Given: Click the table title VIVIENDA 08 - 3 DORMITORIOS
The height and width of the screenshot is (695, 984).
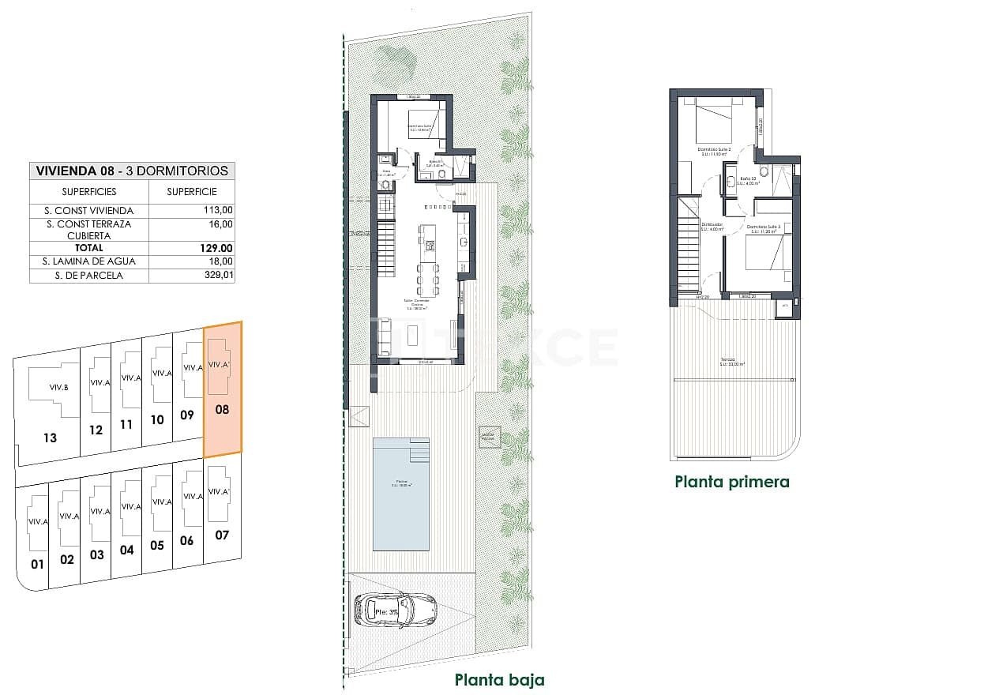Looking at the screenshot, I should point(132,171).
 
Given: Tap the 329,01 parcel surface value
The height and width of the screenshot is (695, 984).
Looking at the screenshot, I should point(219,276).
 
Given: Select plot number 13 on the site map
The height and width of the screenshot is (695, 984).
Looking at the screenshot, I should point(50,438).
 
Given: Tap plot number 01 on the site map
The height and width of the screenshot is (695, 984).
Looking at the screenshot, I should point(36,564).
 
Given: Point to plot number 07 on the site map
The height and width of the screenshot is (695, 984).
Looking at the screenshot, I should point(221,535).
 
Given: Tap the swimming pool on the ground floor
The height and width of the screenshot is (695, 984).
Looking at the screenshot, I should point(401,494).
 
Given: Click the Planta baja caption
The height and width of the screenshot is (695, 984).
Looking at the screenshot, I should point(499,679).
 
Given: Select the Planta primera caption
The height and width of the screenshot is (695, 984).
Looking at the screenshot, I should point(731,482).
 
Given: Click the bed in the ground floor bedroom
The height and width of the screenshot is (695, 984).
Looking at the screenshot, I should point(426,122).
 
